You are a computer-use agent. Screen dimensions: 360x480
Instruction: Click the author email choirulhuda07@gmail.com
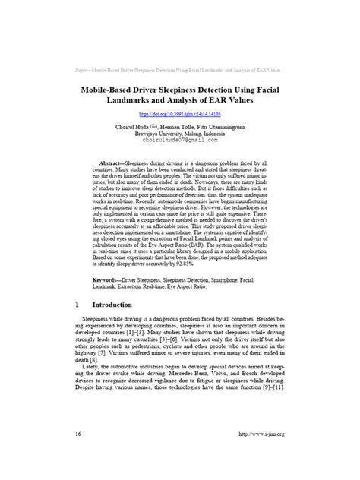tap(180, 140)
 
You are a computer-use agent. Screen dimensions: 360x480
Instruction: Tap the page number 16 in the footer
tap(78, 455)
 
